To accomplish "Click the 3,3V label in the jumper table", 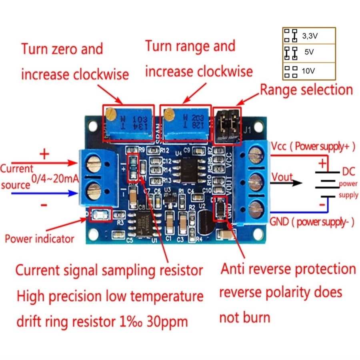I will click(x=310, y=36).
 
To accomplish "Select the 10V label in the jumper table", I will click(x=309, y=71).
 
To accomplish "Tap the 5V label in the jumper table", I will click(x=309, y=52).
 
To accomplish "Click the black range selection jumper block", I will click(x=228, y=126).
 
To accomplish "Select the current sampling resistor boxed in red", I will click(x=133, y=167).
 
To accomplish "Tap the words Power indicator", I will click(x=39, y=239).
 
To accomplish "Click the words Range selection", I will click(x=307, y=90).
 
